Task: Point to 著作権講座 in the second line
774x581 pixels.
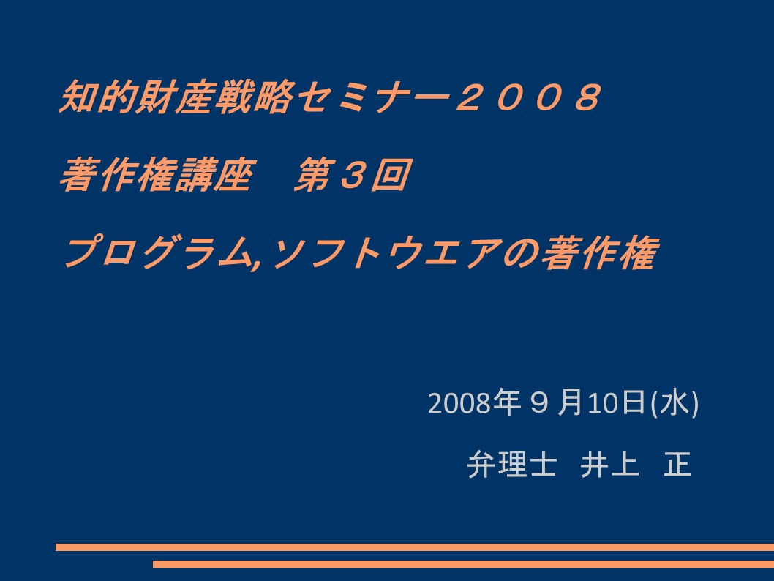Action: [x=157, y=175]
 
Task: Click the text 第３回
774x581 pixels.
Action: [x=353, y=175]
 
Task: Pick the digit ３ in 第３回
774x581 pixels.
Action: [x=353, y=175]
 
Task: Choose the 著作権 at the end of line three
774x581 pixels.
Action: [x=600, y=252]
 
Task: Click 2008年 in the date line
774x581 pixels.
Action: [x=474, y=402]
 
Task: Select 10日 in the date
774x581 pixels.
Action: [x=616, y=402]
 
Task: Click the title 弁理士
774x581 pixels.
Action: [x=512, y=464]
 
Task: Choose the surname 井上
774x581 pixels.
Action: [x=609, y=464]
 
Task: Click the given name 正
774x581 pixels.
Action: [x=677, y=464]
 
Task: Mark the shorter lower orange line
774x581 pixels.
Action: [x=464, y=563]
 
